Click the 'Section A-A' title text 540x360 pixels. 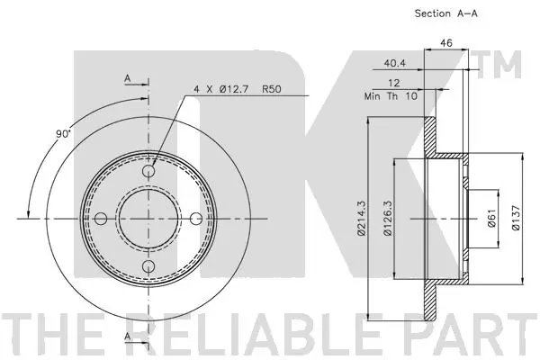click(x=445, y=13)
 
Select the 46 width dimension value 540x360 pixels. click(x=446, y=43)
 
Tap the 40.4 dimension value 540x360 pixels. click(x=395, y=63)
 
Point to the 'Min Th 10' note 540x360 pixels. click(x=391, y=96)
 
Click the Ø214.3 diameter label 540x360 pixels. click(x=361, y=219)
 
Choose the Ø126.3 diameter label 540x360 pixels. click(x=387, y=219)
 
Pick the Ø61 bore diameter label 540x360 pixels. click(x=491, y=219)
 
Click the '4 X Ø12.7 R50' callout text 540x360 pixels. click(x=238, y=89)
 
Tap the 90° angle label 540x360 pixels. click(x=63, y=134)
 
